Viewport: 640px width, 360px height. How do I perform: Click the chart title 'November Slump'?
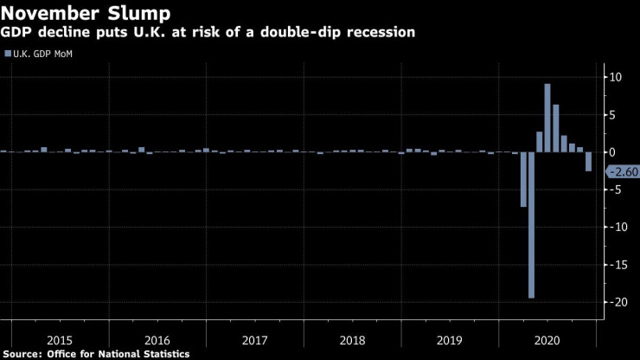tap(85, 13)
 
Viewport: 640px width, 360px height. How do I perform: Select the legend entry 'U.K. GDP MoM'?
tap(43, 54)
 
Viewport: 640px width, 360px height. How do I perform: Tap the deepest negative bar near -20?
tap(531, 225)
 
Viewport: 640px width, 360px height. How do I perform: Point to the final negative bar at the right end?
tap(588, 161)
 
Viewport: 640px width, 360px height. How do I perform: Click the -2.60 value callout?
tap(622, 171)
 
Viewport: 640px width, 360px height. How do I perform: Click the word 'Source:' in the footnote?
tap(25, 353)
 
